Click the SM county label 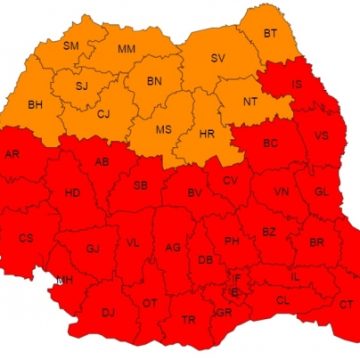(x=71, y=46)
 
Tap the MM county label (x=126, y=49)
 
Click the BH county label (x=35, y=103)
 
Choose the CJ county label (x=103, y=113)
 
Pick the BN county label (x=154, y=81)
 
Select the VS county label (x=321, y=136)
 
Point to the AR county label (x=12, y=155)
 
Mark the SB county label (x=140, y=184)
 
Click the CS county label (x=26, y=238)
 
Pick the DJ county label (x=109, y=313)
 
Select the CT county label (x=346, y=304)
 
